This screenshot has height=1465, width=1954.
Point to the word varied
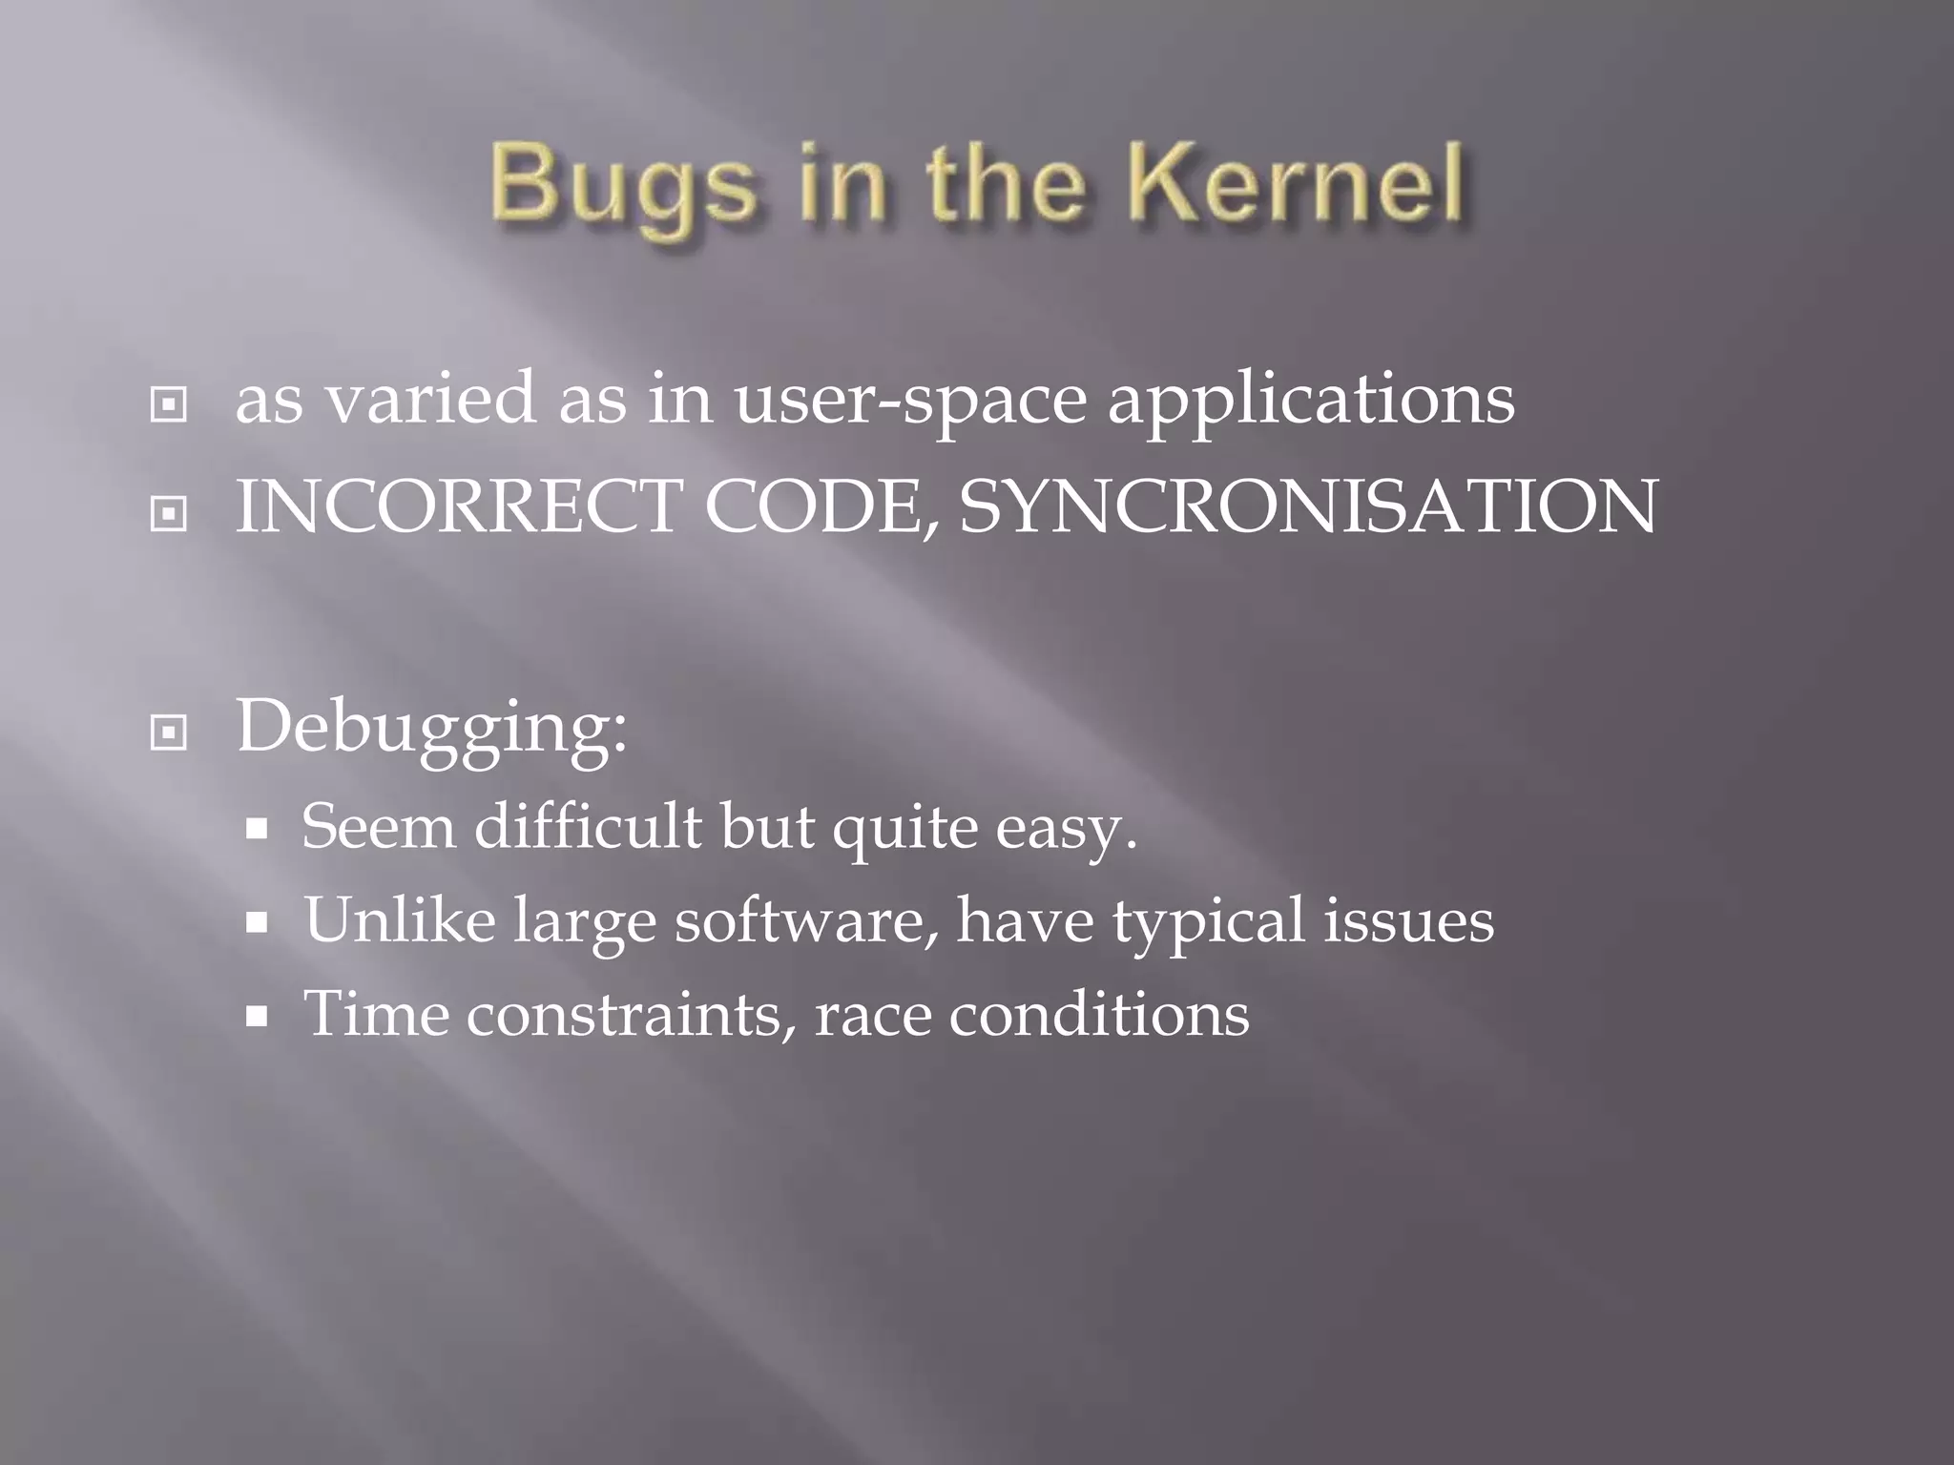point(430,399)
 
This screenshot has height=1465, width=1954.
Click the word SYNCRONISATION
point(1308,506)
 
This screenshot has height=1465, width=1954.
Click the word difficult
point(588,826)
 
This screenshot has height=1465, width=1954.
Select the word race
point(872,1015)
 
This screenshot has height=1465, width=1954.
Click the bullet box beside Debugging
point(169,733)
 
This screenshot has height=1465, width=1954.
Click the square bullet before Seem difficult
point(256,830)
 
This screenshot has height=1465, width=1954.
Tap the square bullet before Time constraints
point(256,1018)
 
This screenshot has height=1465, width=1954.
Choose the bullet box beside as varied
point(169,405)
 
